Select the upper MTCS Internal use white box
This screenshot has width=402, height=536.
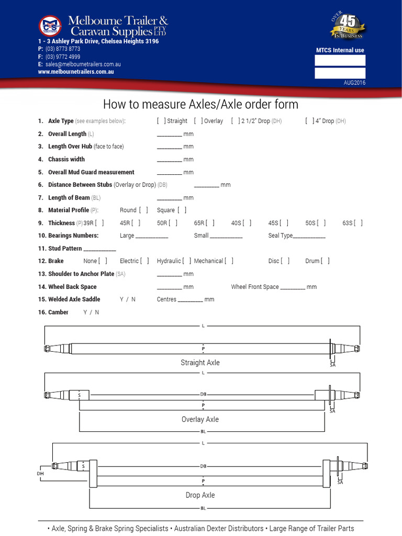pyautogui.click(x=340, y=60)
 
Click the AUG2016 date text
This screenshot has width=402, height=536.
pyautogui.click(x=354, y=83)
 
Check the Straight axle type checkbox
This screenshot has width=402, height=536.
pyautogui.click(x=161, y=121)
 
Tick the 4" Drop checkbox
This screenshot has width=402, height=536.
pyautogui.click(x=309, y=121)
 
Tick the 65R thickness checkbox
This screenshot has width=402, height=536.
pyautogui.click(x=210, y=223)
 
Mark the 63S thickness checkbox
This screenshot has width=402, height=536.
pyautogui.click(x=359, y=223)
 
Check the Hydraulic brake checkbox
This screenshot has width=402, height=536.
pyautogui.click(x=187, y=261)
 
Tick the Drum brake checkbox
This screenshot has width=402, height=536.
pyautogui.click(x=325, y=261)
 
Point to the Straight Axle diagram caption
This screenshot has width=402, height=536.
pyautogui.click(x=200, y=363)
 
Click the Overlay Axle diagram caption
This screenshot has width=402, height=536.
pyautogui.click(x=200, y=419)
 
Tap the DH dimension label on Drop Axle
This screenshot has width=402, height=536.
pyautogui.click(x=40, y=473)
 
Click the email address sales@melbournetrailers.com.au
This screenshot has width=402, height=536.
pyautogui.click(x=83, y=64)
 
